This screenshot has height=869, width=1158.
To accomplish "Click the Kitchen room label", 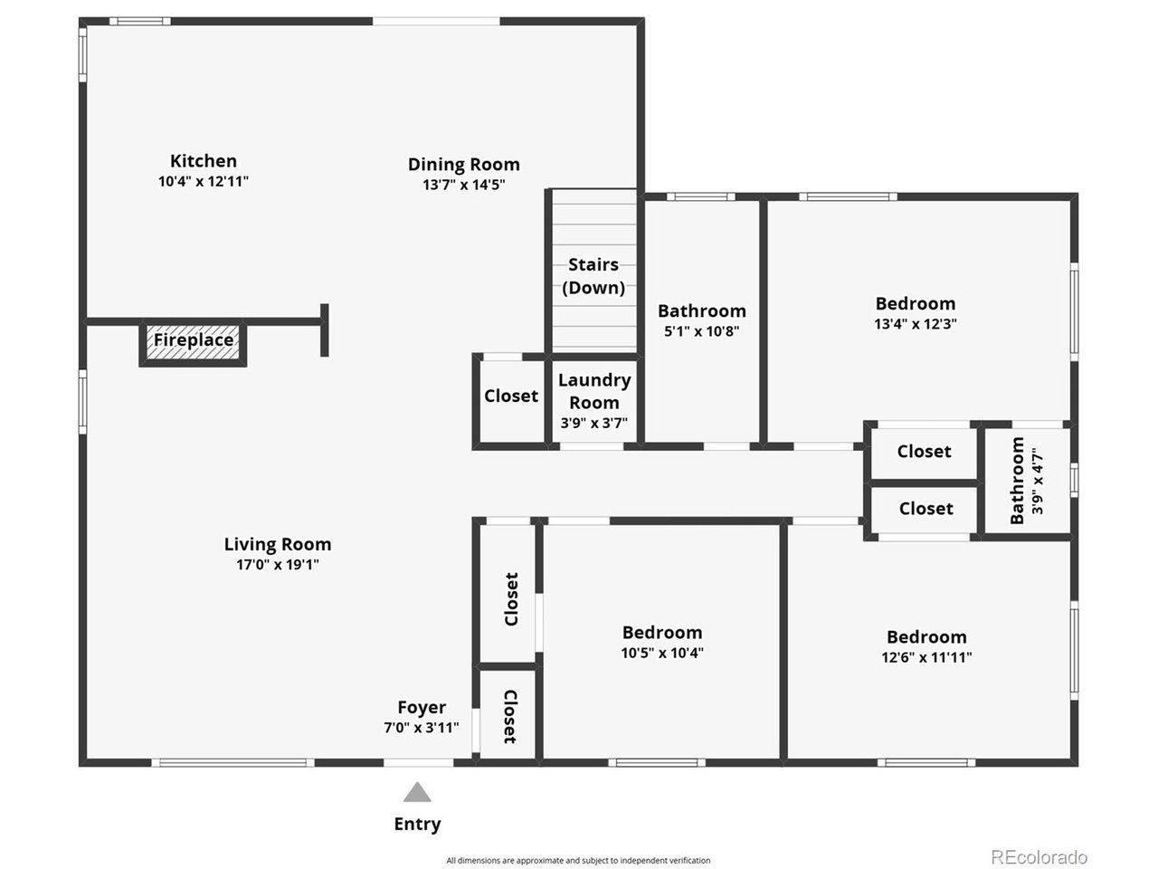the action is click(x=204, y=161).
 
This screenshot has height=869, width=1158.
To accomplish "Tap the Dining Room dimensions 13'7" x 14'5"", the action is click(x=464, y=185).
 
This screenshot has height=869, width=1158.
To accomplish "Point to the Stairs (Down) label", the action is click(x=593, y=276).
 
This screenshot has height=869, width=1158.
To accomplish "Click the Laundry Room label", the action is click(x=594, y=391).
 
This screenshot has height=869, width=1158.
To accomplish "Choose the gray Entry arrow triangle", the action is click(x=417, y=791).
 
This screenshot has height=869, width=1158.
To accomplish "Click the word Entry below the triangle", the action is click(x=417, y=824).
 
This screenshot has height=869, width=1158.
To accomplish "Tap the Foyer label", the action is click(x=422, y=707).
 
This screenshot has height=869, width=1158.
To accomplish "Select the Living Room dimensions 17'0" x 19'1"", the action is click(x=278, y=565).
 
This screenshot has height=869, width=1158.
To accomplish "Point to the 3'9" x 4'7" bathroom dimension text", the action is click(x=1037, y=481).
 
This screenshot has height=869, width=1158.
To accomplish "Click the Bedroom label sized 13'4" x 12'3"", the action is click(x=916, y=303).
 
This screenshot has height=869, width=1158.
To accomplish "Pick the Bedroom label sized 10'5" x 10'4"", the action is click(x=662, y=632).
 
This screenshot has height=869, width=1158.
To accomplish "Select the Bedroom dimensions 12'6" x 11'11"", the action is click(x=926, y=657).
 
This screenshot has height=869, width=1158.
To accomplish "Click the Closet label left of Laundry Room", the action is click(x=510, y=396).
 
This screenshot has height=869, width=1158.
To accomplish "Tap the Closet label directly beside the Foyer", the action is click(x=510, y=717).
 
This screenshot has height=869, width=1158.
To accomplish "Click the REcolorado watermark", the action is click(x=1039, y=856).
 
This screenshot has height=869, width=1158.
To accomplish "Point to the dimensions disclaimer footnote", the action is click(x=578, y=861).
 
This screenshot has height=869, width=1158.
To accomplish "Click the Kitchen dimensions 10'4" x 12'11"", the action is click(x=204, y=182).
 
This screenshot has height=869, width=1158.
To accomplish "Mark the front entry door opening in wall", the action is click(x=418, y=762).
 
